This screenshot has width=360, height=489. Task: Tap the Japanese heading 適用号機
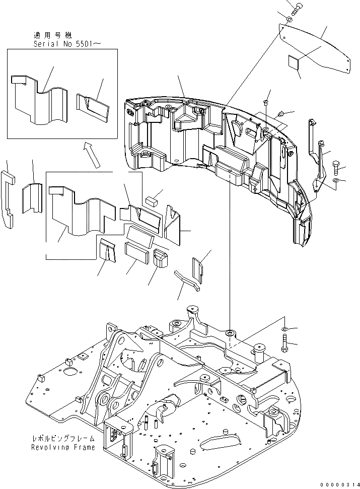(52, 35)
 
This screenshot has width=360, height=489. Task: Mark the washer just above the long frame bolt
(283, 329)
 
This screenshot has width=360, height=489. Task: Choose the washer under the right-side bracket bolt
(336, 180)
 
